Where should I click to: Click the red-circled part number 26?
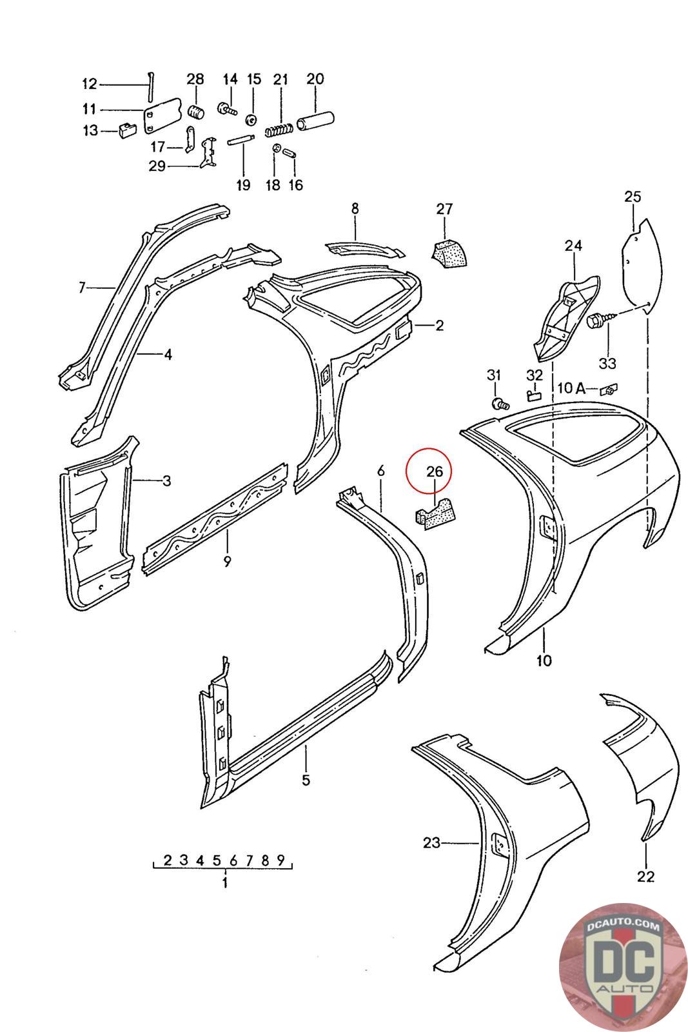pyautogui.click(x=435, y=471)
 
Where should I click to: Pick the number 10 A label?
pyautogui.click(x=571, y=388)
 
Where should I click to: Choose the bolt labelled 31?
pyautogui.click(x=500, y=404)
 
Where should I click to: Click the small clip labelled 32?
pyautogui.click(x=534, y=393)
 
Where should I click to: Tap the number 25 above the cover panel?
pyautogui.click(x=633, y=196)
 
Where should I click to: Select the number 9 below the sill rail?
pyautogui.click(x=227, y=561)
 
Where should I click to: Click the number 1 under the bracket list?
pyautogui.click(x=224, y=883)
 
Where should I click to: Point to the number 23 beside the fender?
pyautogui.click(x=431, y=842)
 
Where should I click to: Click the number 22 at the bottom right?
pyautogui.click(x=645, y=876)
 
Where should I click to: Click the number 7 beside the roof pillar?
pyautogui.click(x=82, y=287)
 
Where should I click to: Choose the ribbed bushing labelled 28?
pyautogui.click(x=195, y=110)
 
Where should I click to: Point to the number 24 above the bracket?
pyautogui.click(x=573, y=245)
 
